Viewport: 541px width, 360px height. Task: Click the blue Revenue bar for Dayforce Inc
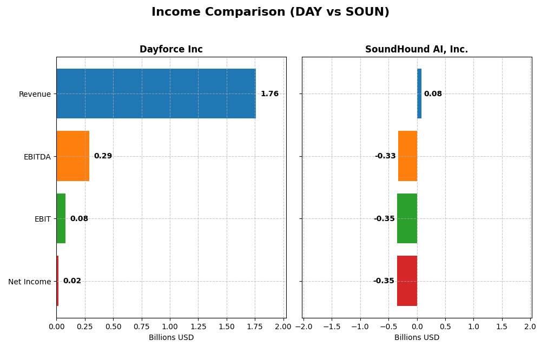156,94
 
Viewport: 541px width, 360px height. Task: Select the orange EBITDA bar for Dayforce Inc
73,156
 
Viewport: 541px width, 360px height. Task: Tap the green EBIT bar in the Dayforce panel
61,218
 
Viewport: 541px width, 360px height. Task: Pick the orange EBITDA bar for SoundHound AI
407,156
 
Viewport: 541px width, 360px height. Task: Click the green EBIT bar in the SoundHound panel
407,218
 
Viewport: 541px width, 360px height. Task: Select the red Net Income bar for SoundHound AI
407,281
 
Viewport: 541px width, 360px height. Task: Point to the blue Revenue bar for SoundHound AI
419,94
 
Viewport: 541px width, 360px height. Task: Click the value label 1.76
269,94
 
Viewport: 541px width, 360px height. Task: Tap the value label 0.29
103,156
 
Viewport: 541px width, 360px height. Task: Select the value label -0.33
385,156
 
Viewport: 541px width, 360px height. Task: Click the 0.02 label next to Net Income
72,281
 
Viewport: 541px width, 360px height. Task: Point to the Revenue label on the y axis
35,95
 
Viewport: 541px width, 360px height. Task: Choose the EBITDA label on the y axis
37,157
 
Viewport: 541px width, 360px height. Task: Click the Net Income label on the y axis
29,282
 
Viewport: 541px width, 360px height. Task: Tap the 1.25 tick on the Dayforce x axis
198,326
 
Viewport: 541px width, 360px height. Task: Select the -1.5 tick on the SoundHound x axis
332,326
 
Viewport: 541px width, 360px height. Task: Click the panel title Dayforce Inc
171,50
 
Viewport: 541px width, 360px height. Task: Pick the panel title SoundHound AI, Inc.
417,50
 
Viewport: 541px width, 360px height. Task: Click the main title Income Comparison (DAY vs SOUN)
270,12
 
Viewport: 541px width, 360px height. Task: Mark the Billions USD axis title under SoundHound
417,338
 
